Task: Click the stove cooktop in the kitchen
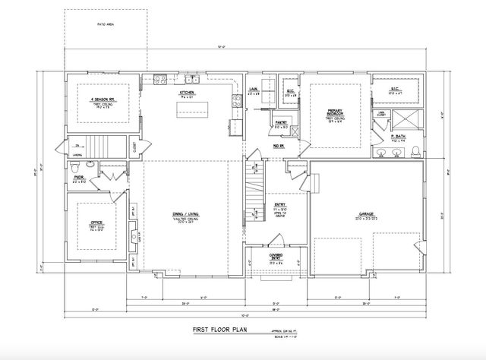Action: pos(160,78)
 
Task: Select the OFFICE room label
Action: pos(96,223)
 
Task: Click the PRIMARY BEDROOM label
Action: pos(335,114)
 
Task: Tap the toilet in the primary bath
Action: pos(415,151)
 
